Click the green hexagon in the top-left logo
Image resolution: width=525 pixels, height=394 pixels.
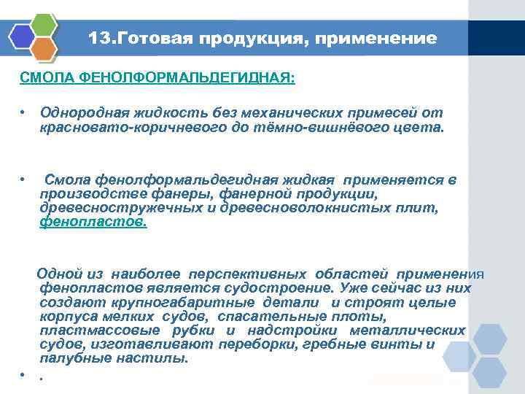point(44,26)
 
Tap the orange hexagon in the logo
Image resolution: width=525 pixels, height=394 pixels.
point(44,50)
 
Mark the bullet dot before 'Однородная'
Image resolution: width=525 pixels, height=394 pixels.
point(23,113)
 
